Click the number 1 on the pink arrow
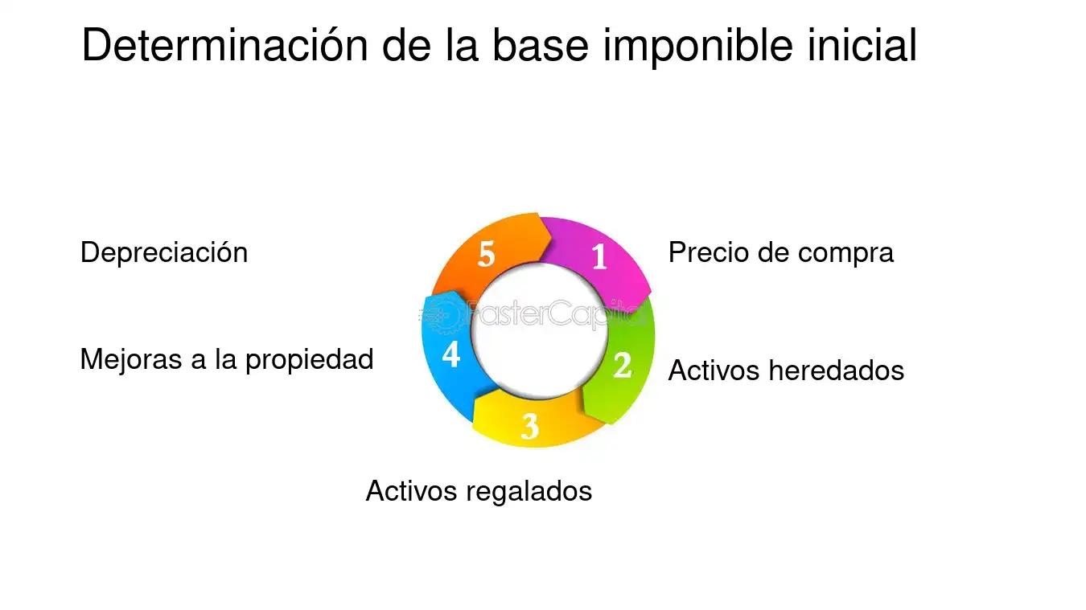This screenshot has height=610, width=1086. point(599,257)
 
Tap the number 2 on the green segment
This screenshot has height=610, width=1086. point(623,366)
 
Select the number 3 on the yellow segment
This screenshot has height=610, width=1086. point(529,426)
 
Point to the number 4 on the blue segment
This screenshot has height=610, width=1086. point(451,354)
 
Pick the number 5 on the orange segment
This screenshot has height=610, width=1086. point(486,254)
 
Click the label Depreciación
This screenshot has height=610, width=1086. point(164,252)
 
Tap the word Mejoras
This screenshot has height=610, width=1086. point(131,359)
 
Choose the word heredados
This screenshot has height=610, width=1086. point(837,371)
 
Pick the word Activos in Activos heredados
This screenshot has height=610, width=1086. point(714,371)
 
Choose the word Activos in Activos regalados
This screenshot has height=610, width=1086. point(411,490)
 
